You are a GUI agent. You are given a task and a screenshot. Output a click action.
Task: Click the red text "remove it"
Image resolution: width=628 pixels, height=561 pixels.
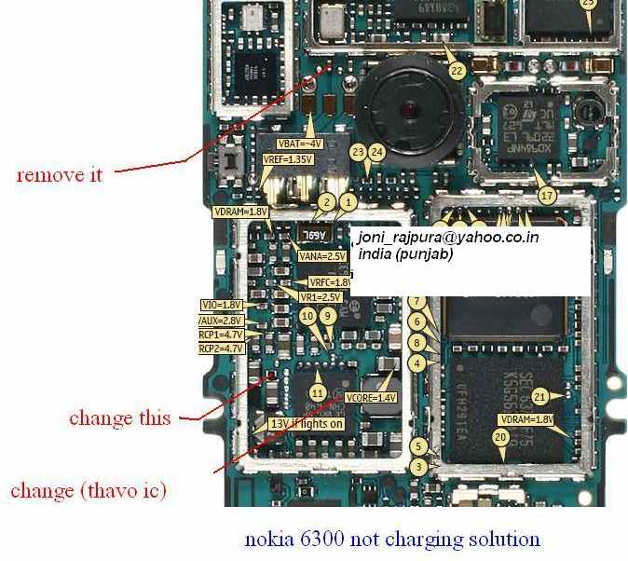[x=60, y=174]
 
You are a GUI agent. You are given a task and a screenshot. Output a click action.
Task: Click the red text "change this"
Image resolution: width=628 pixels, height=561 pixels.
[x=119, y=417]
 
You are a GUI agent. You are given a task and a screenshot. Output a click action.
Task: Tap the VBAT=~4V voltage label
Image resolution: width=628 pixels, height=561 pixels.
[x=300, y=144]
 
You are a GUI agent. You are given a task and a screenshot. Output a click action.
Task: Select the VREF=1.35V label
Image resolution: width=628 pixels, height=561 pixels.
[x=287, y=159]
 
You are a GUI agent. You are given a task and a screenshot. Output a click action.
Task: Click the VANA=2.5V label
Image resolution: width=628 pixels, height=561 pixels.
[x=321, y=255]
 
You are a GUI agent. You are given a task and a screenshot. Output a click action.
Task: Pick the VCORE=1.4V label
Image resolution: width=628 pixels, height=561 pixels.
[x=371, y=398]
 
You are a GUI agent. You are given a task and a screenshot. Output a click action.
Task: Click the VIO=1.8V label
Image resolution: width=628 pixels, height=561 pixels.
[x=222, y=305]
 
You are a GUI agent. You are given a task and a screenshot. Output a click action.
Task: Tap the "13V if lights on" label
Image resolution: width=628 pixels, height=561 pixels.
[x=307, y=424]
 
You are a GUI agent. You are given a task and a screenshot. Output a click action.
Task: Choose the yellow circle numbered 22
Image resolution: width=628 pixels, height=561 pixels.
[x=457, y=71]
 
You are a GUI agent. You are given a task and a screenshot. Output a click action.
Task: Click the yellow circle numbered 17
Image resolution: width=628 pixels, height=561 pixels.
[x=547, y=196]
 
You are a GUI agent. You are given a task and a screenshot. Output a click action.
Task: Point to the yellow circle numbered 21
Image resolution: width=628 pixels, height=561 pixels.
[x=539, y=396]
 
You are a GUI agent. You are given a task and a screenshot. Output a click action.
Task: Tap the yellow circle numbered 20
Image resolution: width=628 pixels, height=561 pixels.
[x=500, y=437]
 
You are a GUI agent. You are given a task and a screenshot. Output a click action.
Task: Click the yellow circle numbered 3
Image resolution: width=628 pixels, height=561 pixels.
[x=420, y=466]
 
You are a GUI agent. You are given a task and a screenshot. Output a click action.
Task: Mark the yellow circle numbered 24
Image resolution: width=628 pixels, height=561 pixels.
[x=376, y=151]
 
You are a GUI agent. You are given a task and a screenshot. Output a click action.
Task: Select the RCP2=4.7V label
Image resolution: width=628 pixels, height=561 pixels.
[x=221, y=348]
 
